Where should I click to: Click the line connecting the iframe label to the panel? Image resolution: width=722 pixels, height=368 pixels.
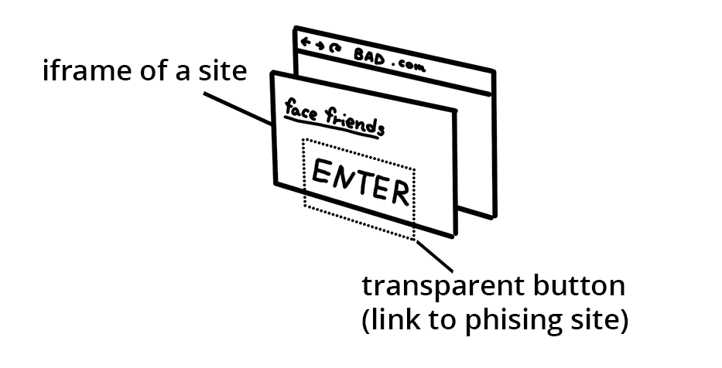pos(236,109)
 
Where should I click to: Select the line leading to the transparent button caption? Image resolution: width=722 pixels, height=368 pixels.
pos(434,256)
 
